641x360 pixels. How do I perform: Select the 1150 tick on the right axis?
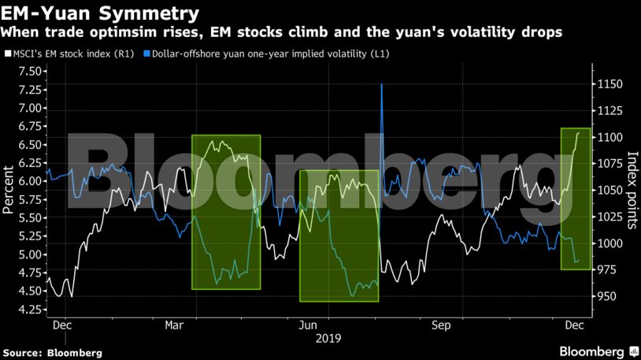coord(611,84)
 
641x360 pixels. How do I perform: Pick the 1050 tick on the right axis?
coord(611,191)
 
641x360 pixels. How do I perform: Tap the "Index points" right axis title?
coord(632,190)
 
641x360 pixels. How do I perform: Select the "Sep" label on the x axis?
coord(441,324)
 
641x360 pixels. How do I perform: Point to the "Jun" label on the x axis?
coord(310,324)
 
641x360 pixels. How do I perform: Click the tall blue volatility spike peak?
coord(382,84)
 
